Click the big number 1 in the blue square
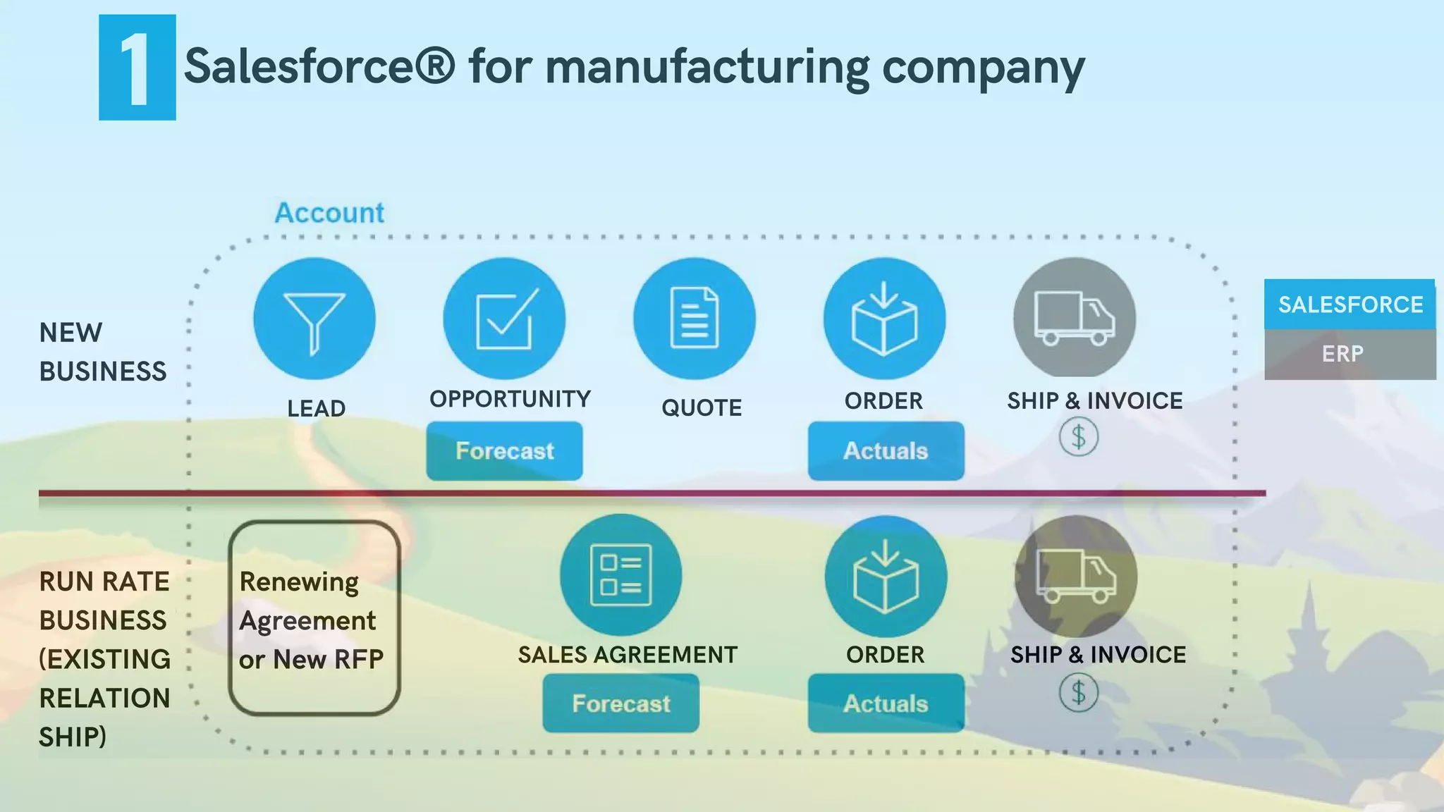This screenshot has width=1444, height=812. coord(136,68)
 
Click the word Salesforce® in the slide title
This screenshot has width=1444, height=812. coord(319,67)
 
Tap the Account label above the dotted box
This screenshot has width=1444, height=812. coord(329,213)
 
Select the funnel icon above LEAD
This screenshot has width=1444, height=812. coord(314,319)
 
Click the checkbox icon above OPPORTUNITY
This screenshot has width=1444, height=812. coord(504,319)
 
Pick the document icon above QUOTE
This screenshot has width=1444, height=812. coord(695,319)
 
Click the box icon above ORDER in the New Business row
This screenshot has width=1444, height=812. coord(884,319)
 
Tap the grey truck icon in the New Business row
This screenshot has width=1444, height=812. coord(1075,318)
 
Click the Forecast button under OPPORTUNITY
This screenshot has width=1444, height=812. coord(504,451)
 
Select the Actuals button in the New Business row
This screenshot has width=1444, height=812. coord(886,451)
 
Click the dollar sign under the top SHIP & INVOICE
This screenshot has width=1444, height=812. coord(1078,437)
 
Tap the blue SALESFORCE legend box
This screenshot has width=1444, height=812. coord(1350,304)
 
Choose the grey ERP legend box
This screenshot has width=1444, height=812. coord(1350,354)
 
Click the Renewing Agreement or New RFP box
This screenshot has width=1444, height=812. coord(314,618)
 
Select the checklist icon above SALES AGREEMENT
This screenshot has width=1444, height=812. coord(620,575)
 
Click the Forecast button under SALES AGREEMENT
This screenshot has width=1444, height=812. coord(620,703)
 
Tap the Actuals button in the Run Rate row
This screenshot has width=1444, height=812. coord(886,703)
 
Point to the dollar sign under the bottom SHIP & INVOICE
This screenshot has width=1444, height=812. coord(1078,693)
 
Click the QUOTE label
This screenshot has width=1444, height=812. coord(702,407)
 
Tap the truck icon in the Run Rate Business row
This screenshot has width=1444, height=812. coord(1076,576)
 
